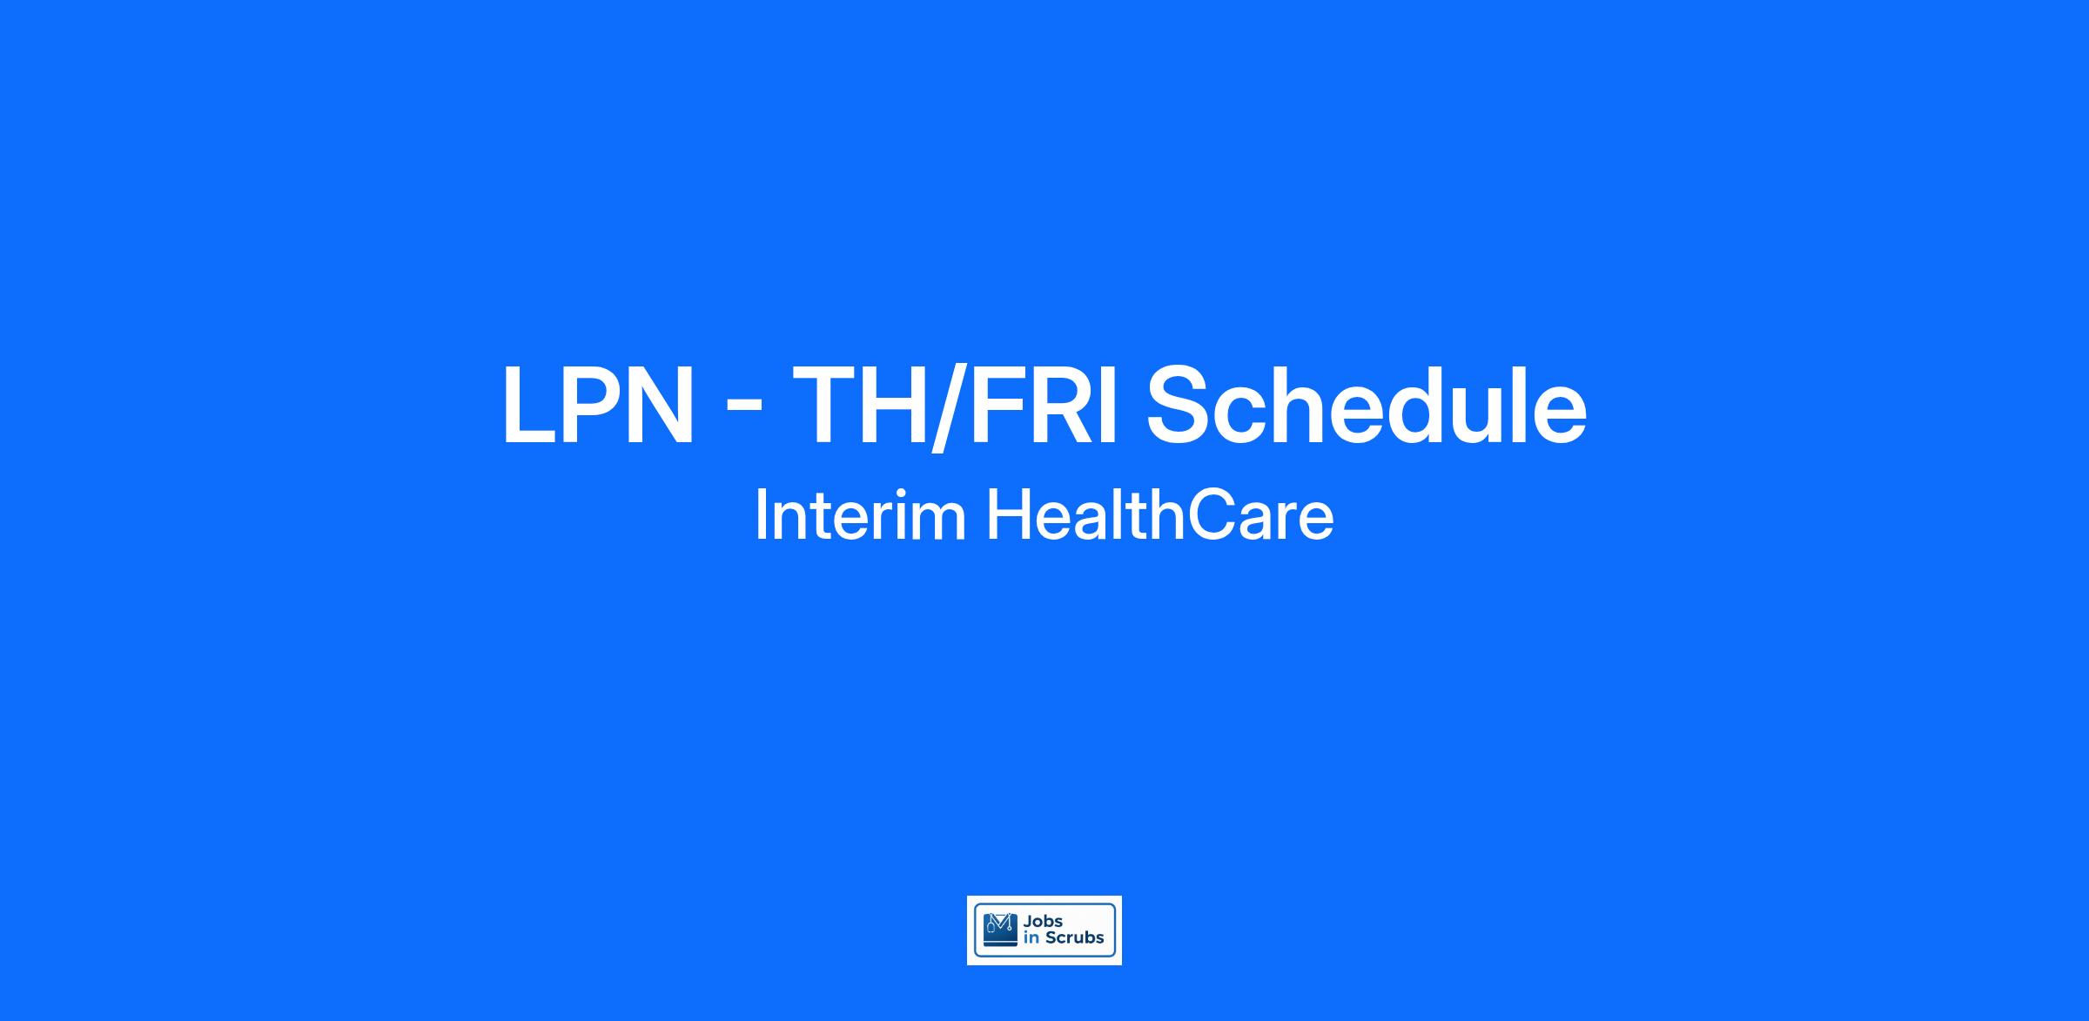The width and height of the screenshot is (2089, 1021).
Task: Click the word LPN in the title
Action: tap(598, 406)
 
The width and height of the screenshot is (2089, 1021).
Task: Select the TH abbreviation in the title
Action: tap(860, 406)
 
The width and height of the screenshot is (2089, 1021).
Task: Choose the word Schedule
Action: tap(1366, 405)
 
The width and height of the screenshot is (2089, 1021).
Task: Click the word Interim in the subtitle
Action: tap(860, 515)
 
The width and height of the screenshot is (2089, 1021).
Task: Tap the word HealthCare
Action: tap(1159, 515)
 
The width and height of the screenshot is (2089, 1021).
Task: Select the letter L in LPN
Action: tap(531, 406)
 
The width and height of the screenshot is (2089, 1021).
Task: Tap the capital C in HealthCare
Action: tap(1212, 515)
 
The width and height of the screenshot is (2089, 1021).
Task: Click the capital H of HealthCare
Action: tap(1010, 515)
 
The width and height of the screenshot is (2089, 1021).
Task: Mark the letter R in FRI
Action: tap(1058, 406)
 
